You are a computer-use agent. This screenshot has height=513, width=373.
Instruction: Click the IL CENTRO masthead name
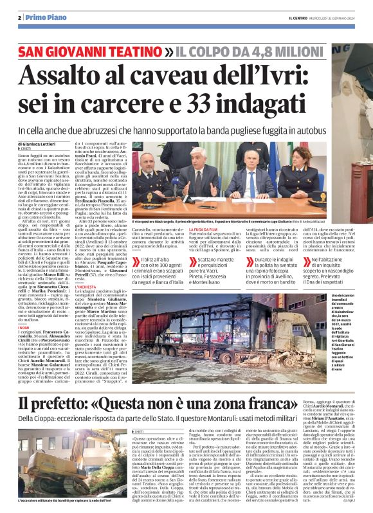tap(298, 17)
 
